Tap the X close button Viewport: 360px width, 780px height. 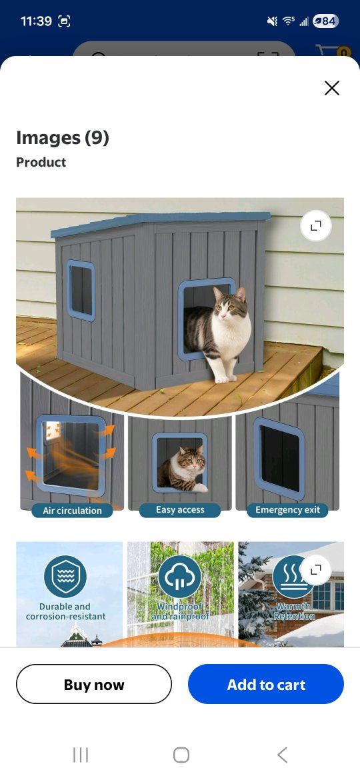[x=331, y=88]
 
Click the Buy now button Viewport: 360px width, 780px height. [x=94, y=684]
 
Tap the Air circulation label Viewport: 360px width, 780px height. [x=72, y=511]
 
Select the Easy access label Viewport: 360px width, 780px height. [x=180, y=510]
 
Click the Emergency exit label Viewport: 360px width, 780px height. [x=287, y=510]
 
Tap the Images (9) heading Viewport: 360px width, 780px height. [x=63, y=137]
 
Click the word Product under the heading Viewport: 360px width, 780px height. [x=41, y=162]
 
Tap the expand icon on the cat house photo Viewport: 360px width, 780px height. [x=316, y=226]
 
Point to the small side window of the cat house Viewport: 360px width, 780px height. [x=81, y=290]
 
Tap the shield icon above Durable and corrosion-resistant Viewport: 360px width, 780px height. [x=65, y=577]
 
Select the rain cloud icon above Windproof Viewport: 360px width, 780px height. [x=179, y=577]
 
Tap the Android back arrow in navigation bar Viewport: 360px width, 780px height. [x=282, y=755]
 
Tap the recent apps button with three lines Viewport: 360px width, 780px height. [x=81, y=755]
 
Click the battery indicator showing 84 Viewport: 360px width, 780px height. [x=326, y=21]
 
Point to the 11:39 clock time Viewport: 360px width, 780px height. [x=36, y=21]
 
